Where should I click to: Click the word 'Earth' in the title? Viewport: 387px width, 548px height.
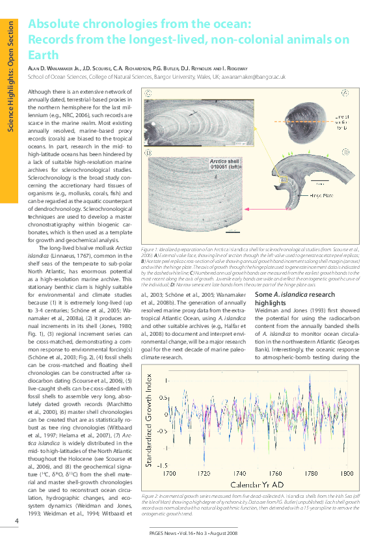(42, 55)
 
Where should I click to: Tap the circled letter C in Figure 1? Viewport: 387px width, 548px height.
(149, 93)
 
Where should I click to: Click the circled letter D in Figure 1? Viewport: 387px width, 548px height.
(149, 153)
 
